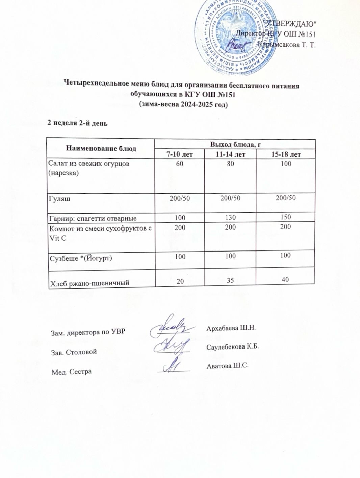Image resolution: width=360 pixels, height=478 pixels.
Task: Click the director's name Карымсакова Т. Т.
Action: pyautogui.click(x=286, y=44)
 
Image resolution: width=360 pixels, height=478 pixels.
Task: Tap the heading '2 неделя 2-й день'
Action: pyautogui.click(x=77, y=123)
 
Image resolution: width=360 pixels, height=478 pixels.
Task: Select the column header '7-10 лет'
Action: pyautogui.click(x=179, y=154)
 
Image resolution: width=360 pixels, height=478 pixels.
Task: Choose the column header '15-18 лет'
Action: pyautogui.click(x=286, y=154)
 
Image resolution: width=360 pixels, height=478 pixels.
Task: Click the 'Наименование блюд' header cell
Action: pyautogui.click(x=101, y=148)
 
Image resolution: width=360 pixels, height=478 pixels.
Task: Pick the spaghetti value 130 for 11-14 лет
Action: pyautogui.click(x=230, y=217)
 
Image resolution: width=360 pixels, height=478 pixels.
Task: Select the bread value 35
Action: pyautogui.click(x=230, y=280)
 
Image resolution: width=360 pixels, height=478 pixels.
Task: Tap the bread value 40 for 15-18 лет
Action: pyautogui.click(x=286, y=279)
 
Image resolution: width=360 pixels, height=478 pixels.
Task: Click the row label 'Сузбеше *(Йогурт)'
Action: pyautogui.click(x=80, y=258)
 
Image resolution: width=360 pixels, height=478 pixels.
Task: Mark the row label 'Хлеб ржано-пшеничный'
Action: pyautogui.click(x=89, y=283)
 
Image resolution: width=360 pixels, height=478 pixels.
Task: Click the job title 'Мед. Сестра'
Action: pyautogui.click(x=71, y=372)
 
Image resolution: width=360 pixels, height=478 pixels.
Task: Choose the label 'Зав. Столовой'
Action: pyautogui.click(x=74, y=352)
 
